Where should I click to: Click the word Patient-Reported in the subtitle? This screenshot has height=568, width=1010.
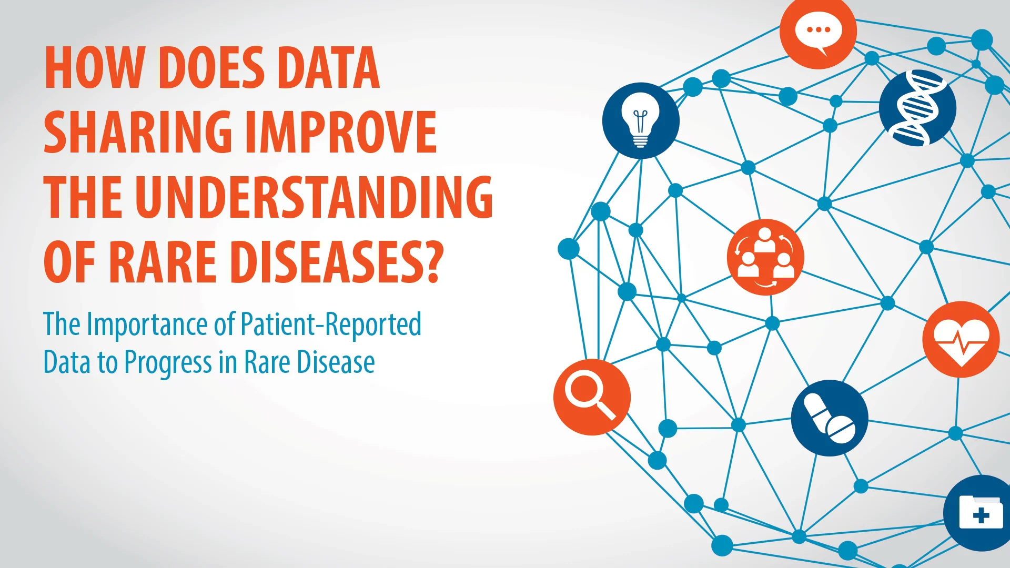pos(331,324)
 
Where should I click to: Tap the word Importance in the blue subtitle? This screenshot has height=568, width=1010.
pos(148,324)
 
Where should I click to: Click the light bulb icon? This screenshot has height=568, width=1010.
pos(640,120)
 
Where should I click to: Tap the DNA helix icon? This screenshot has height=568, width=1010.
pos(917,108)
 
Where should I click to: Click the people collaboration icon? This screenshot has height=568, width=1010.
pos(765,257)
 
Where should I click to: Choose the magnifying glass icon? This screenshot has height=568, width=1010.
pos(592,397)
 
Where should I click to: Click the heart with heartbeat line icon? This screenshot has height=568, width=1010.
pos(961,339)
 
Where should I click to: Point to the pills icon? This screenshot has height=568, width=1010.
pos(830,418)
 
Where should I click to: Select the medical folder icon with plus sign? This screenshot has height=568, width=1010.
pos(979,513)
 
